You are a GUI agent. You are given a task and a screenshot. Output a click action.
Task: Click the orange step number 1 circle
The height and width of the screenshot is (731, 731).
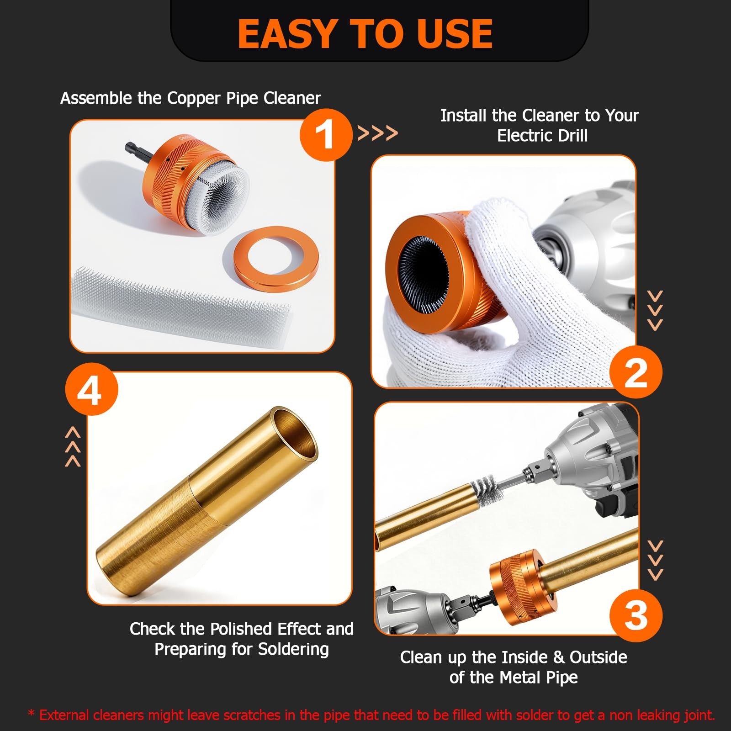(326, 135)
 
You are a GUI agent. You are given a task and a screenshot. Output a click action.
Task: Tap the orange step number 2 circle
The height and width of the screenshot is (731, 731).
(636, 371)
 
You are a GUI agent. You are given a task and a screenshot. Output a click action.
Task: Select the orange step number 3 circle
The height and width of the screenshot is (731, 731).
(636, 615)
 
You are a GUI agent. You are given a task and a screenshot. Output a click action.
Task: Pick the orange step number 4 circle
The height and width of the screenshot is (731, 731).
(91, 389)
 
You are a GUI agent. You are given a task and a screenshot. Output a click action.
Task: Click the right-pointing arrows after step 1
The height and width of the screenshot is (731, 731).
(377, 133)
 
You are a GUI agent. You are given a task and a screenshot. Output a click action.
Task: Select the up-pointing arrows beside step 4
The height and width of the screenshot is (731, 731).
(73, 447)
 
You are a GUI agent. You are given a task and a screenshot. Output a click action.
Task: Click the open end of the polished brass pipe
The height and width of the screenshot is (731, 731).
(293, 433)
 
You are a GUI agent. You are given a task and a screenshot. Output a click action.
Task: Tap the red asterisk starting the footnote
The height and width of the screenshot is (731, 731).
(31, 713)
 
